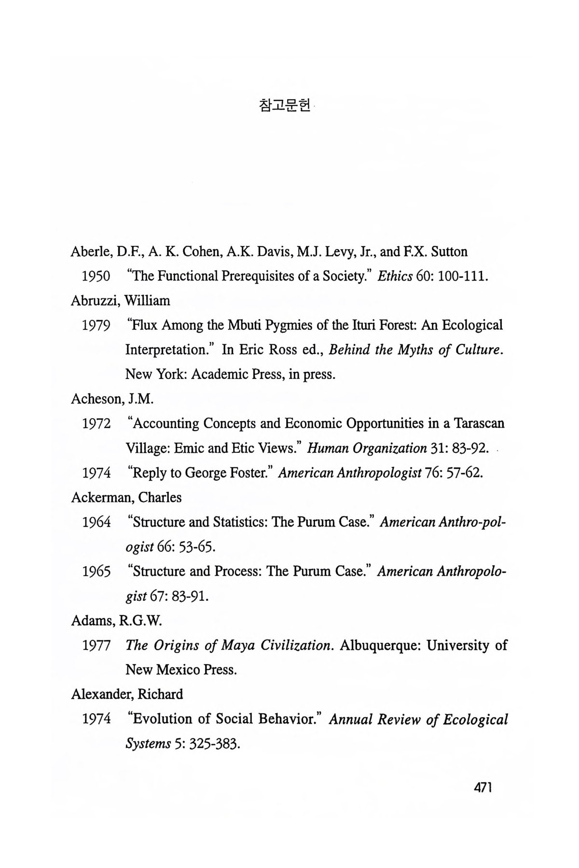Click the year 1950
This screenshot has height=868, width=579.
[x=96, y=276]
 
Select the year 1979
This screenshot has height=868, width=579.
[x=96, y=325]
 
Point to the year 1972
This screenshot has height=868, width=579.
[x=96, y=424]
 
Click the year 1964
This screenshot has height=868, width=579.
[x=96, y=522]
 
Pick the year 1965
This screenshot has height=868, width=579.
[x=96, y=572]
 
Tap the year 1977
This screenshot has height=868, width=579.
[x=96, y=646]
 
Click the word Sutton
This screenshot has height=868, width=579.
[x=449, y=252]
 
